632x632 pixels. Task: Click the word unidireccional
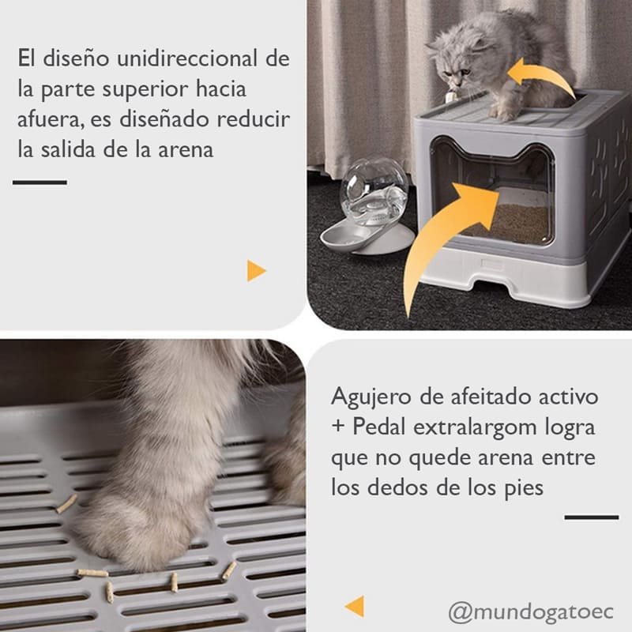coord(187,58)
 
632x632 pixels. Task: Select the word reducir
coord(253,119)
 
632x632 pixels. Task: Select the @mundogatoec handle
coord(531,612)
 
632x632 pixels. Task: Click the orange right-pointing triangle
coord(256,270)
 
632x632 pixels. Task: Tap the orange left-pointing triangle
coord(355,606)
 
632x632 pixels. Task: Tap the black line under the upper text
coord(40,182)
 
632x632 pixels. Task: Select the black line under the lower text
coord(591,517)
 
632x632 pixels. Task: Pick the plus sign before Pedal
coord(338,427)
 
